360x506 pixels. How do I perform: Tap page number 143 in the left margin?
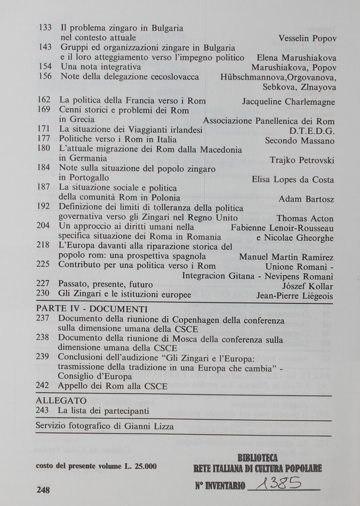click(x=45, y=47)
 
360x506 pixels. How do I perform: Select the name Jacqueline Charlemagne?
click(x=288, y=102)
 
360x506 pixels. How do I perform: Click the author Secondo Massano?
click(x=300, y=141)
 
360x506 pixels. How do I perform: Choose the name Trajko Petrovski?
click(x=302, y=160)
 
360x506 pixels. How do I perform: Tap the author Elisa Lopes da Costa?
click(x=293, y=180)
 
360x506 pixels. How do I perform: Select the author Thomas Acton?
click(x=305, y=219)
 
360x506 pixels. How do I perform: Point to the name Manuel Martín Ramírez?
click(x=286, y=257)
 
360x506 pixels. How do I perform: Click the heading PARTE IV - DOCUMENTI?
click(x=92, y=310)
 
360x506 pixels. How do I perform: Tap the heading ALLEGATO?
click(x=61, y=401)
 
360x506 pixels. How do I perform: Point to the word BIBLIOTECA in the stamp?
click(x=258, y=458)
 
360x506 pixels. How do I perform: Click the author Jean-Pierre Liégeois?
click(x=295, y=296)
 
